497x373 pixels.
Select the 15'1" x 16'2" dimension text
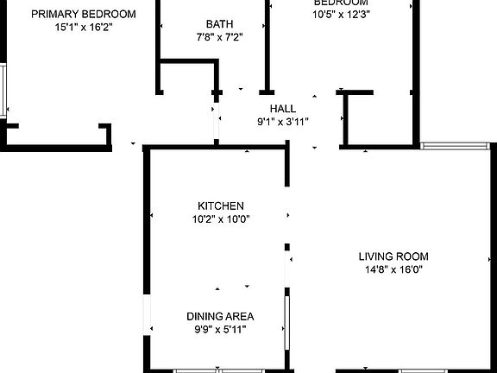pyautogui.click(x=84, y=28)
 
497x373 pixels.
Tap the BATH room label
pyautogui.click(x=219, y=24)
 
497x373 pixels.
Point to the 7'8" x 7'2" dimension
pyautogui.click(x=219, y=37)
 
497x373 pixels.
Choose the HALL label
pyautogui.click(x=283, y=109)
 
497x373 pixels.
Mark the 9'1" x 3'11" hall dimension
pyautogui.click(x=283, y=122)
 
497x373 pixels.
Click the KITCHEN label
pyautogui.click(x=221, y=205)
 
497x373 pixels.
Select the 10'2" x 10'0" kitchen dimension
pyautogui.click(x=221, y=218)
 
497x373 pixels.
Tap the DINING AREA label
pyautogui.click(x=221, y=316)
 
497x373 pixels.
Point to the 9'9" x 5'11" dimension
pyautogui.click(x=221, y=329)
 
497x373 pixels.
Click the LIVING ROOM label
pyautogui.click(x=393, y=256)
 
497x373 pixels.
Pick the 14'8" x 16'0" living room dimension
pyautogui.click(x=393, y=269)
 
